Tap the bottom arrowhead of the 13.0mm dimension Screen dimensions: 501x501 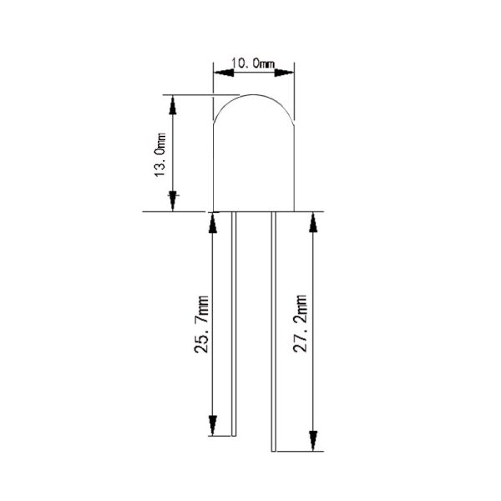(173, 201)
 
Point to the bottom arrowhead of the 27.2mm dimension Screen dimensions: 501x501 (314, 441)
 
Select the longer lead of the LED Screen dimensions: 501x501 (272, 334)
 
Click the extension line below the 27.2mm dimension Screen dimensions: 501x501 (297, 451)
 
